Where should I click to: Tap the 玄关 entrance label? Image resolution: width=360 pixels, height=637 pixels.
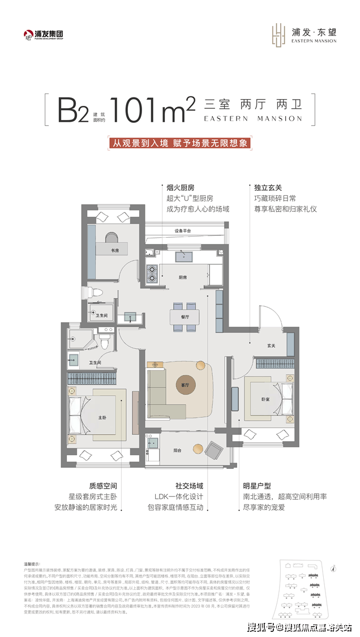coord(271,346)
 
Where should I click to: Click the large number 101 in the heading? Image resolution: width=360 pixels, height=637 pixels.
coord(134,109)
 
